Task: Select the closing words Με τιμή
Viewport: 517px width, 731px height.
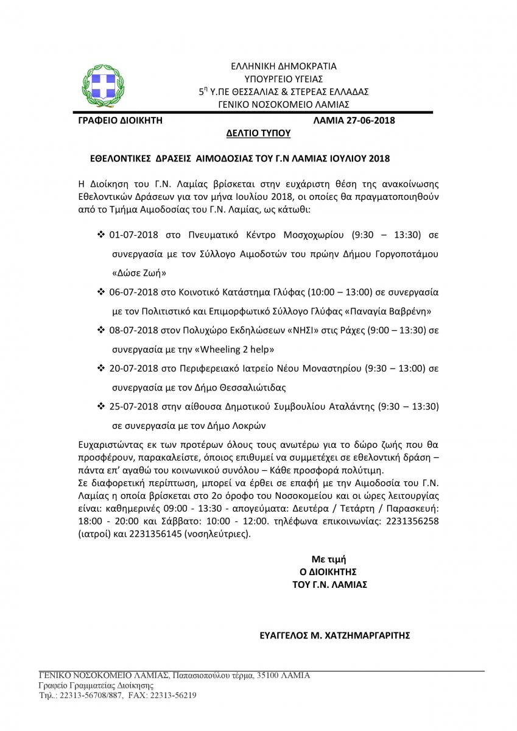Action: click(332, 559)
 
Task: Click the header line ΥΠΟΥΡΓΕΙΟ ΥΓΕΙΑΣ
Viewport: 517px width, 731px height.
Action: click(284, 79)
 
